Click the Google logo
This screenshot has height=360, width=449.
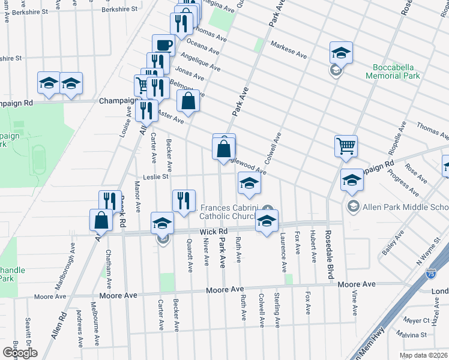pyautogui.click(x=19, y=353)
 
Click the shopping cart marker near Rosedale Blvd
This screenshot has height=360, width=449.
pyautogui.click(x=346, y=146)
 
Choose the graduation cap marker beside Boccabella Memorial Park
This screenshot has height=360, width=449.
pyautogui.click(x=340, y=53)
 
